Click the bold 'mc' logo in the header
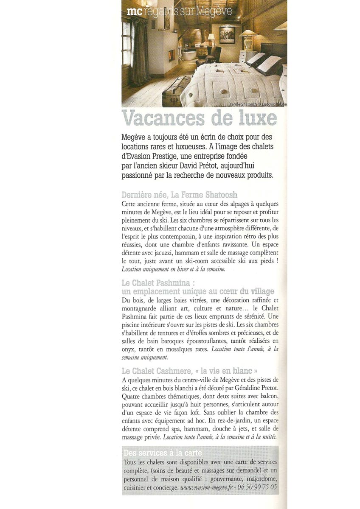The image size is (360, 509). (x=134, y=12)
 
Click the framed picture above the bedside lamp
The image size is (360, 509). (x=227, y=35)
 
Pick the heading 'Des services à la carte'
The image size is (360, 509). (x=163, y=453)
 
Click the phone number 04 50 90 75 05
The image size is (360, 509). (x=258, y=488)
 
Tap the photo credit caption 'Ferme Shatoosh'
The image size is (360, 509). (x=244, y=104)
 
